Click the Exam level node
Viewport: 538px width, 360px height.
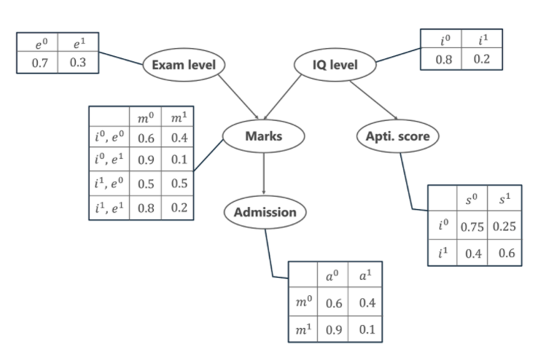pos(184,65)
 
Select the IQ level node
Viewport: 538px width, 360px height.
pos(335,65)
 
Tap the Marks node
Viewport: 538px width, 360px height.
pos(263,136)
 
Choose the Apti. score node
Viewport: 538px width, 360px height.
pos(397,136)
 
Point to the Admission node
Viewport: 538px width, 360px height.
pos(265,213)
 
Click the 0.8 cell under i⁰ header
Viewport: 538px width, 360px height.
pos(443,59)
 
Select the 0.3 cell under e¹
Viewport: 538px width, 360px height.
pos(79,62)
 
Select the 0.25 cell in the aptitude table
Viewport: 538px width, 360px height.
pos(504,226)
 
